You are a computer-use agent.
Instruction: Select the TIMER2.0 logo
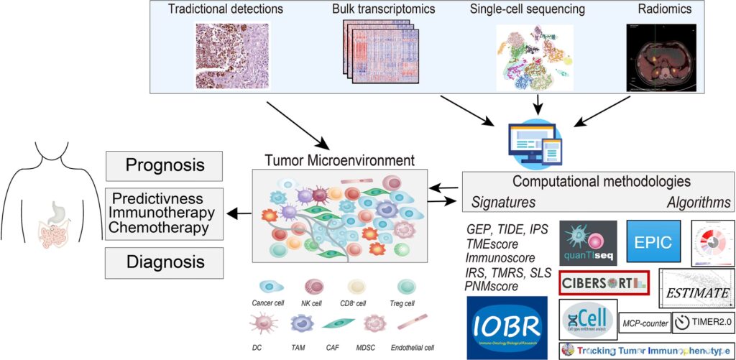(703, 323)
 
